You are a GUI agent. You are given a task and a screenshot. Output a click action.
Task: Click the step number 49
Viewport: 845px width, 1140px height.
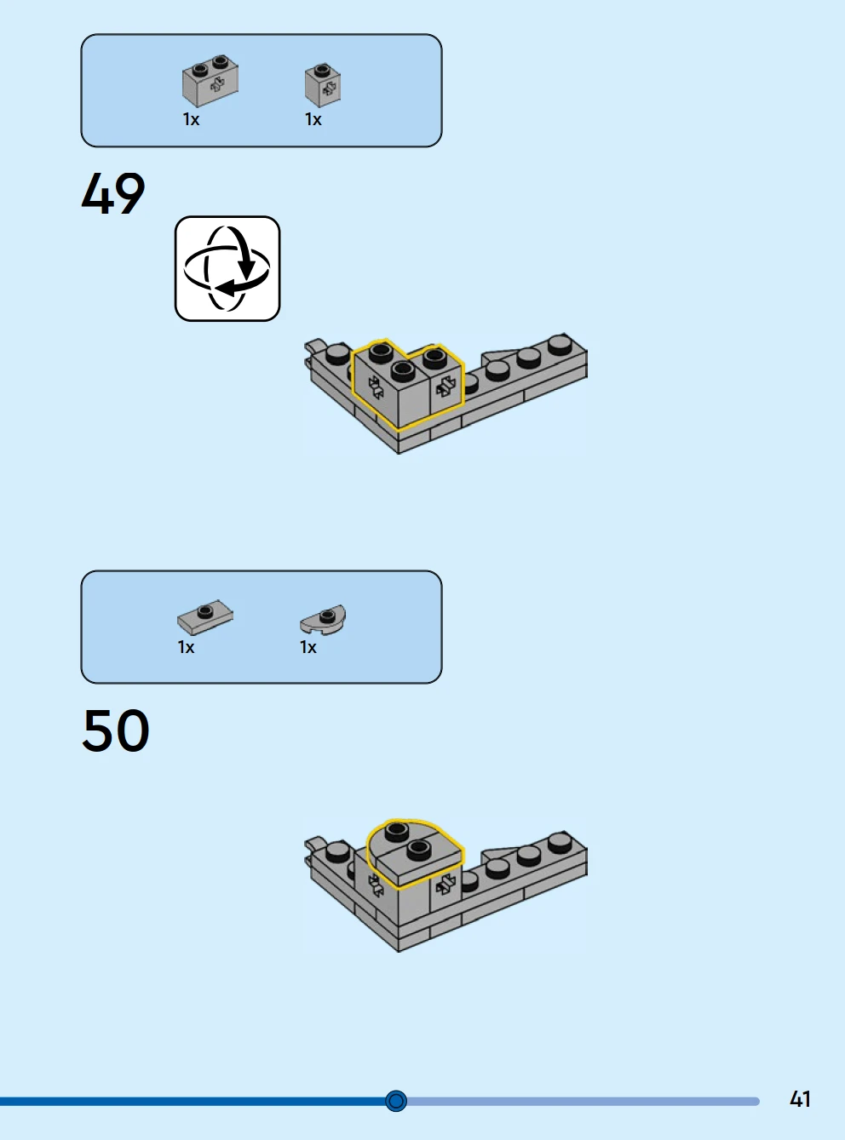click(x=113, y=193)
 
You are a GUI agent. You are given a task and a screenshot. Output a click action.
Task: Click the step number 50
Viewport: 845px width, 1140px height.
click(x=116, y=730)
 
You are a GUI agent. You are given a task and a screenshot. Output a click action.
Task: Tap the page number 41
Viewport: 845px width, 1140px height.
click(x=800, y=1099)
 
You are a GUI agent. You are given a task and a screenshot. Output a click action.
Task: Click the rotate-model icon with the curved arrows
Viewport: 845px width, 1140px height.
click(x=227, y=269)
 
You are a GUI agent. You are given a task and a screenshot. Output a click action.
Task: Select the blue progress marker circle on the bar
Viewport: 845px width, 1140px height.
click(x=396, y=1101)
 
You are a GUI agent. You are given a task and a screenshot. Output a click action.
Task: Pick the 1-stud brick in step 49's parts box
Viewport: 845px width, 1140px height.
click(x=323, y=85)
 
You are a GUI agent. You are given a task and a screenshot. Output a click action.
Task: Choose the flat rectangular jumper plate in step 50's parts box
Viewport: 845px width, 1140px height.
click(x=205, y=616)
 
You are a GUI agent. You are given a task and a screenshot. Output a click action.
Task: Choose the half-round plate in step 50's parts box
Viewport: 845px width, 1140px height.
click(x=323, y=619)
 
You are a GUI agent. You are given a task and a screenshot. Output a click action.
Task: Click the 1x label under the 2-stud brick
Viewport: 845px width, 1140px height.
click(x=191, y=120)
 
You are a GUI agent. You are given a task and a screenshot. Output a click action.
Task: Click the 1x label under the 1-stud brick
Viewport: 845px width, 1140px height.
click(x=313, y=120)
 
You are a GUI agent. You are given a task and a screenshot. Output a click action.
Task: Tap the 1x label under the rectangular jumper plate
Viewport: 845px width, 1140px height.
click(x=187, y=647)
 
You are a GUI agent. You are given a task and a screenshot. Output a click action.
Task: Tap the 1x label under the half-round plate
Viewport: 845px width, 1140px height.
click(x=308, y=647)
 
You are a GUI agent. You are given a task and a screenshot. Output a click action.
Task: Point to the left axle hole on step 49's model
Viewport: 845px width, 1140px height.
click(x=376, y=387)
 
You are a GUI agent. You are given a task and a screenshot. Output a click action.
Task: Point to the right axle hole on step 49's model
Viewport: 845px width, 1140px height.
click(x=445, y=387)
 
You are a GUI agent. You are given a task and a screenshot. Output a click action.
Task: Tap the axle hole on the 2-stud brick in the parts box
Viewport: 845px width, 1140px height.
click(x=217, y=85)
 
